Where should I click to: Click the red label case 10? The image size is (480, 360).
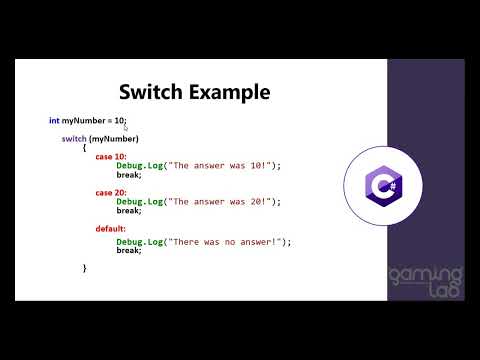(110, 156)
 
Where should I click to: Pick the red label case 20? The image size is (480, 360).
(110, 192)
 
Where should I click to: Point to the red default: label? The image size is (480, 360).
(112, 228)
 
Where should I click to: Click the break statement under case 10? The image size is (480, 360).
(128, 174)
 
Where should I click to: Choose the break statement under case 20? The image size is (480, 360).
(128, 210)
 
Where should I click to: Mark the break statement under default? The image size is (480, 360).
(128, 250)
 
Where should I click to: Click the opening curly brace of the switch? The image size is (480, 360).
(85, 147)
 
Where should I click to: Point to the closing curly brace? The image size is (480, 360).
(85, 267)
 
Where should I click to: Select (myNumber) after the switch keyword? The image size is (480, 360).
(114, 138)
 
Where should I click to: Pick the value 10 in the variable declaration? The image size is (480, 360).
(118, 121)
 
